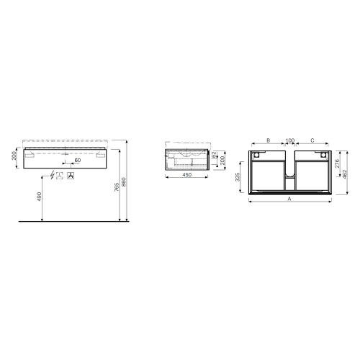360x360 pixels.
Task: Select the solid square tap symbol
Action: pos(72,176)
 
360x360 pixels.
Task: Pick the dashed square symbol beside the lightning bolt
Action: pos(61,176)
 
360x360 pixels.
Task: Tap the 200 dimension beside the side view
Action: pos(223,158)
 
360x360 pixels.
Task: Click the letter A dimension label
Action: pos(289,197)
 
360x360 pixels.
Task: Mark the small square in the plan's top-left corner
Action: pos(256,153)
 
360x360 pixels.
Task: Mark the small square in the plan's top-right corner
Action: pos(324,153)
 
